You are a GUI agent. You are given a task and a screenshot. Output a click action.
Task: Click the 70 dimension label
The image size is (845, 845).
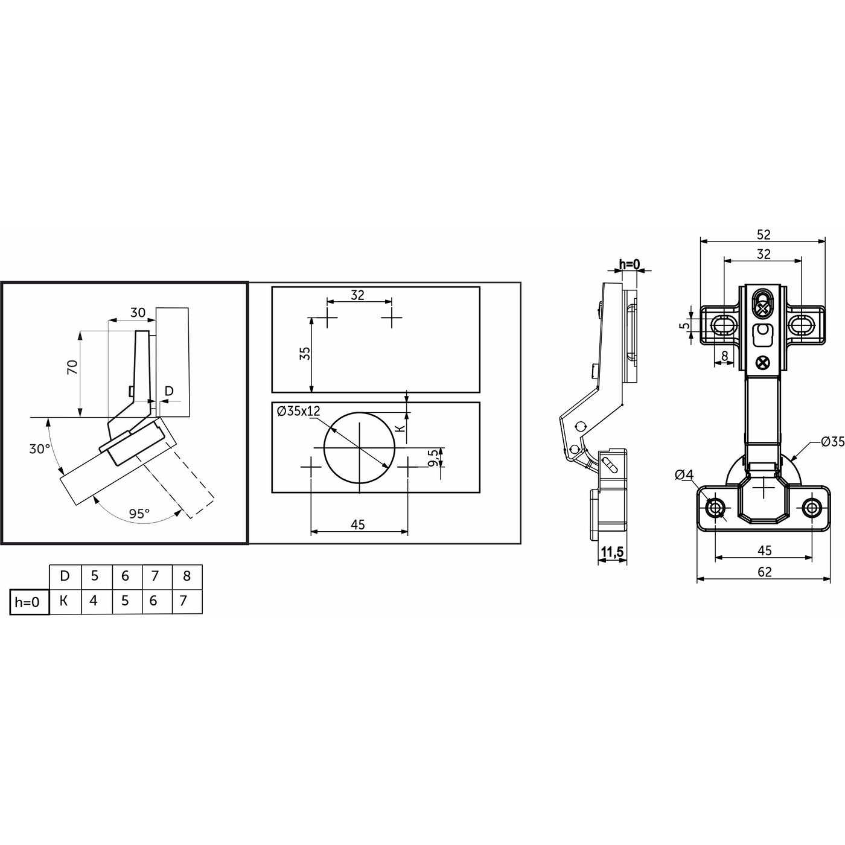(73, 366)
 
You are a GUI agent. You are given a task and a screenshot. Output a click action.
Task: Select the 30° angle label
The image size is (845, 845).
(40, 449)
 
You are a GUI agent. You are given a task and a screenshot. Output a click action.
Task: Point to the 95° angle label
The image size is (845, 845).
(139, 514)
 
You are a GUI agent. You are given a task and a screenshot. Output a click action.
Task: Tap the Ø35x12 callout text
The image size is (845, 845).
(299, 411)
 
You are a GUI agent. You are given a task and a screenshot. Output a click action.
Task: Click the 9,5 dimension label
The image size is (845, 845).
(433, 458)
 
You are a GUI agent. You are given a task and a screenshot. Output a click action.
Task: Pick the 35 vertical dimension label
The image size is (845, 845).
(305, 354)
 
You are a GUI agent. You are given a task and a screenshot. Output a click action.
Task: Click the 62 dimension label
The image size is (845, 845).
(764, 572)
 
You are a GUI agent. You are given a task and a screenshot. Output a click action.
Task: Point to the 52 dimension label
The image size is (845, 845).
(764, 235)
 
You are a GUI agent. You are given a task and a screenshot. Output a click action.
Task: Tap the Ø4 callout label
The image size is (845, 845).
(684, 474)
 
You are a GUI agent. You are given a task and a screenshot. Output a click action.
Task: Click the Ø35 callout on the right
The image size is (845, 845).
(833, 442)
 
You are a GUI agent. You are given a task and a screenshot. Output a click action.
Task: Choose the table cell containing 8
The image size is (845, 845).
(187, 576)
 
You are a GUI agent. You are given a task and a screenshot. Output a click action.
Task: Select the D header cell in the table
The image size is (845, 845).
(65, 576)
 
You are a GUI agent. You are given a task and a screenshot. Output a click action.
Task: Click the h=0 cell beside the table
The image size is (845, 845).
(30, 602)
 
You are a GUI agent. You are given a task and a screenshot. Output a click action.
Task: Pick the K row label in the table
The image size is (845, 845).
(65, 601)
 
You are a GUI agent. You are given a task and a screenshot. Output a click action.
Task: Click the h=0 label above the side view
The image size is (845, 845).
(630, 264)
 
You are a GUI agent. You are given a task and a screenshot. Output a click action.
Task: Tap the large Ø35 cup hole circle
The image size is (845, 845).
(360, 448)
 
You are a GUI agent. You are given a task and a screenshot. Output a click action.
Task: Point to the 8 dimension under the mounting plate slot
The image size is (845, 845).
(724, 356)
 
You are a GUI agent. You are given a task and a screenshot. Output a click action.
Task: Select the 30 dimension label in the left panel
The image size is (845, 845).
(138, 313)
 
